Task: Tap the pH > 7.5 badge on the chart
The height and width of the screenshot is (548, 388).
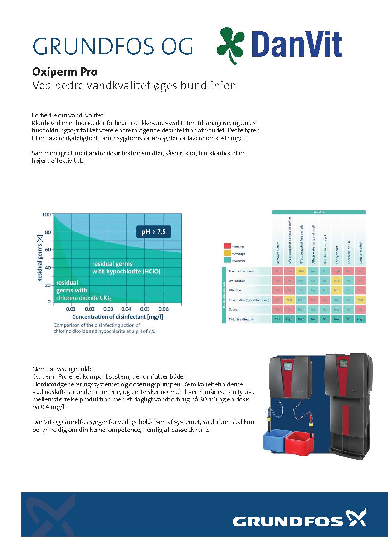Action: coord(154,232)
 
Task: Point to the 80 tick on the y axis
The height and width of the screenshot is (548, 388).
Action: coord(47,232)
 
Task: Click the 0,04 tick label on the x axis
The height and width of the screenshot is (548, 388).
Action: coord(126,309)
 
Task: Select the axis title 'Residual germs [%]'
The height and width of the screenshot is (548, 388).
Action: coord(40,258)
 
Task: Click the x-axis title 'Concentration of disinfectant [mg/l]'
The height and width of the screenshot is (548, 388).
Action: coord(118,317)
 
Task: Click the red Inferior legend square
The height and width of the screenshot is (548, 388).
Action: coord(227,246)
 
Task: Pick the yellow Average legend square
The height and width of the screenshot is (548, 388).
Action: coord(227,253)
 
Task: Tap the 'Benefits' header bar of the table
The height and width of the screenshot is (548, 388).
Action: coord(319,212)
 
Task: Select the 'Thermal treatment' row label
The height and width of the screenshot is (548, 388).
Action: coord(241,271)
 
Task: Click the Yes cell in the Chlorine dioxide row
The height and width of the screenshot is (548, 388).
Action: coord(277,319)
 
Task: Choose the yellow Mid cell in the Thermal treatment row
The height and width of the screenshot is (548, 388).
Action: coord(301,271)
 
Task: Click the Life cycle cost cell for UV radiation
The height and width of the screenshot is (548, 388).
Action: coord(336,281)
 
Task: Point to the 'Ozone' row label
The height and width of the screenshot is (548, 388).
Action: coord(233,309)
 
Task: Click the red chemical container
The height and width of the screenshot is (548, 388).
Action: coord(300,443)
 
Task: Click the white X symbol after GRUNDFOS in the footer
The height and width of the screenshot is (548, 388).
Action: coord(356,517)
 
